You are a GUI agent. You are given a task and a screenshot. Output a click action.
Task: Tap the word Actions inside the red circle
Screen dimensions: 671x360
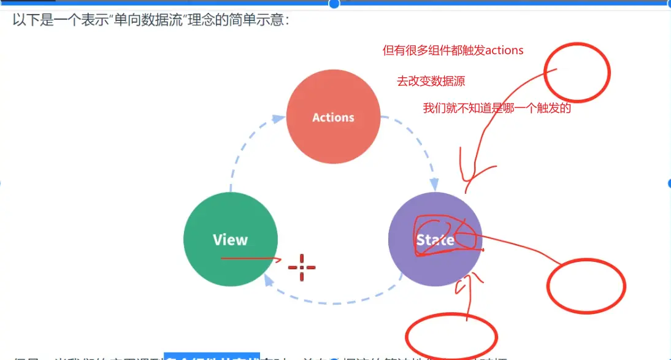point(333,117)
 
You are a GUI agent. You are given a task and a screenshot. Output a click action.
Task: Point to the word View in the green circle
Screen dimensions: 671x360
point(230,240)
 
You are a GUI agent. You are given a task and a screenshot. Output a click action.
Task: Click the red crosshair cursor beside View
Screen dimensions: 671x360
point(301,267)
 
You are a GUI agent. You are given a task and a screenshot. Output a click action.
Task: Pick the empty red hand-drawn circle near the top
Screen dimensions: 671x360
point(576,72)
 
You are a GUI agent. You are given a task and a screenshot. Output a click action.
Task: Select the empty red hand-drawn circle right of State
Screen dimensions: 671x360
point(586,286)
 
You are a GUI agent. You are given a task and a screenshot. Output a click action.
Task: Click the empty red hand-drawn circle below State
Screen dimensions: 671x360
point(450,335)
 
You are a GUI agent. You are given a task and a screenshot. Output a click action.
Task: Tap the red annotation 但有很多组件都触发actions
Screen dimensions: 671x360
point(453,50)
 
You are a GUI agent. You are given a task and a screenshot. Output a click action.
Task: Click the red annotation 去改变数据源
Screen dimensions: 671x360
point(435,81)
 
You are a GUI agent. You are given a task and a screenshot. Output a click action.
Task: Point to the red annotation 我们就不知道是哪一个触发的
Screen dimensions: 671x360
point(497,109)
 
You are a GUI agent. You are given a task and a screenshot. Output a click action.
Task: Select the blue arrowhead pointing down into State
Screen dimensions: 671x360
point(434,184)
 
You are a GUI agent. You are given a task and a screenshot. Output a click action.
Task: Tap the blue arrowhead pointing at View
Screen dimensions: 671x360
point(267,280)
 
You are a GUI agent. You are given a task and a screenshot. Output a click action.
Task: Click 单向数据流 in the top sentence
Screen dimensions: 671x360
point(143,20)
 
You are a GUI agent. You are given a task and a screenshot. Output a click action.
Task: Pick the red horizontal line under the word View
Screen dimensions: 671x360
point(248,259)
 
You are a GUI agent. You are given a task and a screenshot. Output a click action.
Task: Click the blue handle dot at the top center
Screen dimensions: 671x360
point(334,4)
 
